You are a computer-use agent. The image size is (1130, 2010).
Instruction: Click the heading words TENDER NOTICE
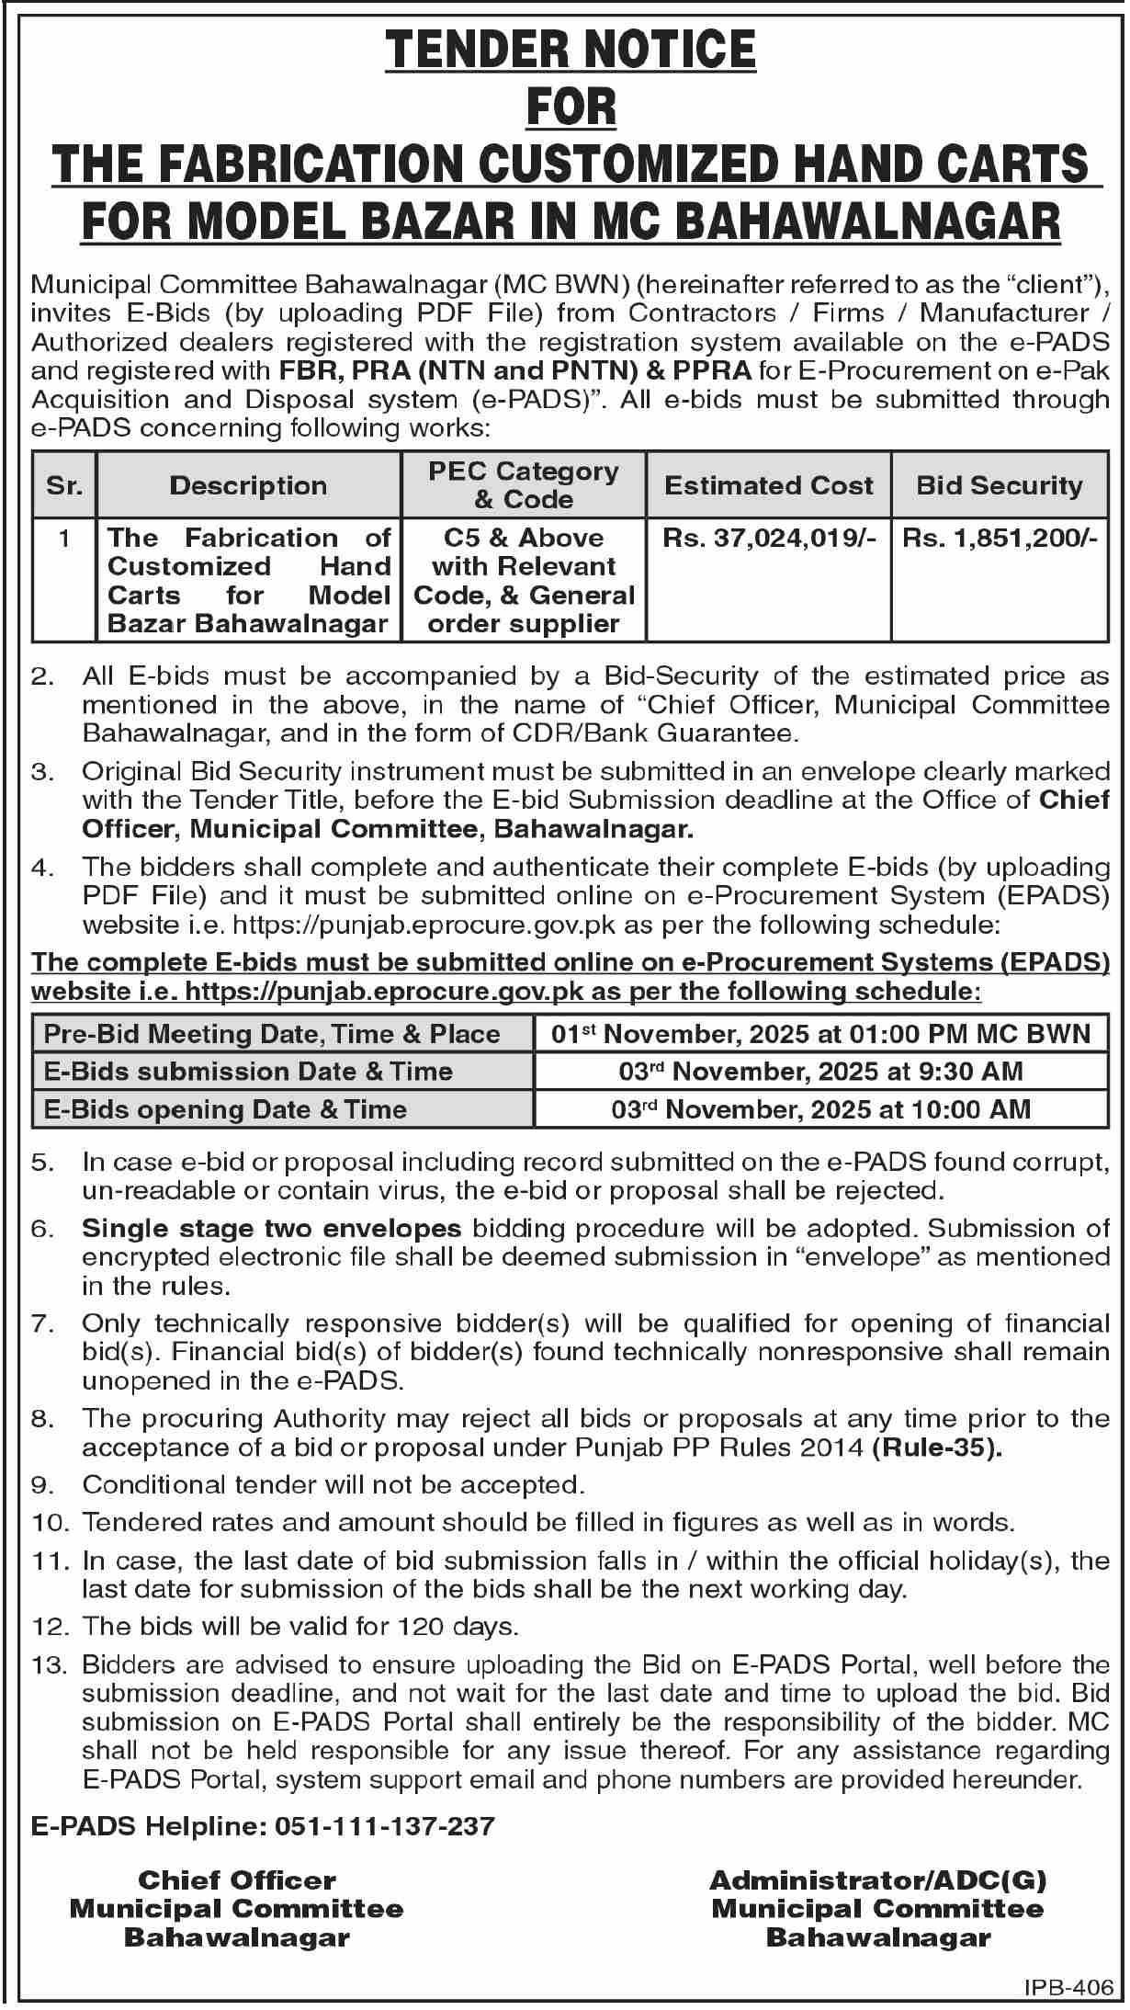tap(571, 51)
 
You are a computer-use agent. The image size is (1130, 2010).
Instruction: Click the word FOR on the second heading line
tap(571, 108)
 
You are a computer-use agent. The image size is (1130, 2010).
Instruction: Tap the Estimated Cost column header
tap(769, 485)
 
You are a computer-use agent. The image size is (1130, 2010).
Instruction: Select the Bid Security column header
tap(1000, 485)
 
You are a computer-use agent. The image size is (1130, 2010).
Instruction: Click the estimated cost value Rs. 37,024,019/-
tap(769, 539)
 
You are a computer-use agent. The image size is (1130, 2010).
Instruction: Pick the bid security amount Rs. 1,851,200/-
tap(1000, 539)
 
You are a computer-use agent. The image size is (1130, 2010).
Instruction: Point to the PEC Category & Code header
tap(524, 485)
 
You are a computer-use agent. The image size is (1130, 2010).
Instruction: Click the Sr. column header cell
tap(63, 485)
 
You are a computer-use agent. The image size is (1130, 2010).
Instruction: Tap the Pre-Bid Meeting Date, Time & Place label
tap(272, 1034)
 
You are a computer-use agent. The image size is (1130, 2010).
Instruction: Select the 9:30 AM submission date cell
tap(820, 1071)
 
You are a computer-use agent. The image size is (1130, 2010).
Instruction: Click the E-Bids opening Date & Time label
tap(225, 1109)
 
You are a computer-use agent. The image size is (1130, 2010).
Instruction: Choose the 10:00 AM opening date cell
tap(820, 1109)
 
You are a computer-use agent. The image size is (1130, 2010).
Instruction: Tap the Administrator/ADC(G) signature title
tap(877, 1880)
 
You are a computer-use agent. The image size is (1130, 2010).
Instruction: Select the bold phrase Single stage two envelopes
tap(271, 1228)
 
